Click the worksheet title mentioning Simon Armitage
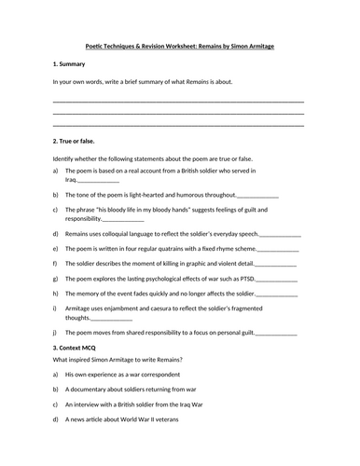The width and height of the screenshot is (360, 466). (x=179, y=44)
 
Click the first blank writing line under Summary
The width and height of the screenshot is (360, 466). (x=179, y=100)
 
